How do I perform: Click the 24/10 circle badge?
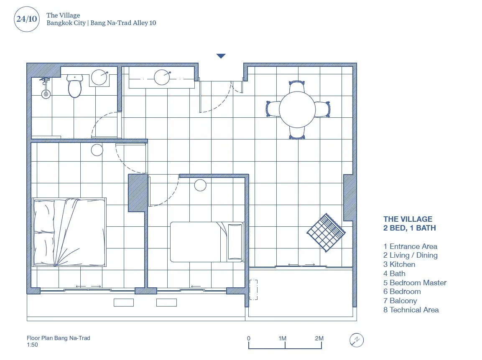27,19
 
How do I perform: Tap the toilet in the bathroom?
75,86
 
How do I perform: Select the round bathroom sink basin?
99,77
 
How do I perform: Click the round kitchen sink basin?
162,77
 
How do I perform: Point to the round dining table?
297,109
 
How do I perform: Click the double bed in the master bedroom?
69,232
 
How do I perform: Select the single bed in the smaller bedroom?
207,242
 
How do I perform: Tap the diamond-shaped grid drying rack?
326,233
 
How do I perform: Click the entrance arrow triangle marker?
221,56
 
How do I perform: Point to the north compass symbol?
357,340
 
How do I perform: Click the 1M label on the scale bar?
282,338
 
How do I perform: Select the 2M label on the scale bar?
319,338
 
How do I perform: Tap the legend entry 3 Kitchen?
399,264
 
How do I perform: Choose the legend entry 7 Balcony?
400,301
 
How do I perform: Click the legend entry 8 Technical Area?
411,309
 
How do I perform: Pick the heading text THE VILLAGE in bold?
408,219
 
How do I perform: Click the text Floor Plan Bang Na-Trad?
59,338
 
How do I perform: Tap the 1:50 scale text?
32,345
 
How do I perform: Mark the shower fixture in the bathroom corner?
46,88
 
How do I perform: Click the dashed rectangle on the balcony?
253,290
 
